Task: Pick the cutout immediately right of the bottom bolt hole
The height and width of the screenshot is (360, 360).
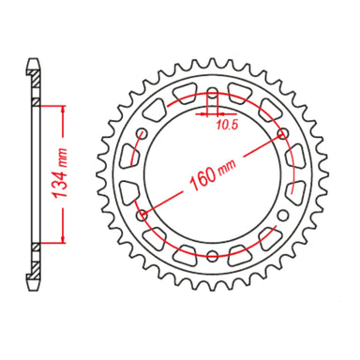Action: pyautogui.click(x=240, y=248)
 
